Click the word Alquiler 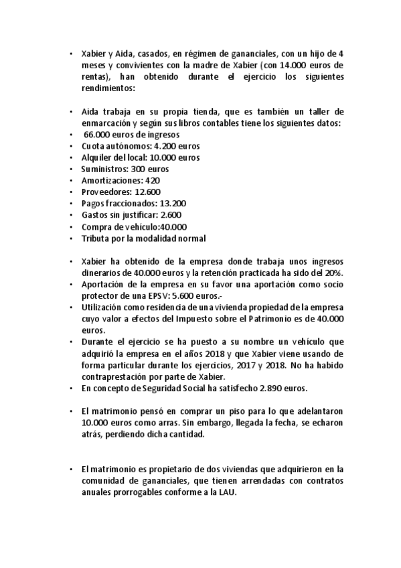(96, 157)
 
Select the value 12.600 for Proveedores (147, 192)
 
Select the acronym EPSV (178, 296)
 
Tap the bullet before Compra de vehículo (72, 227)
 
